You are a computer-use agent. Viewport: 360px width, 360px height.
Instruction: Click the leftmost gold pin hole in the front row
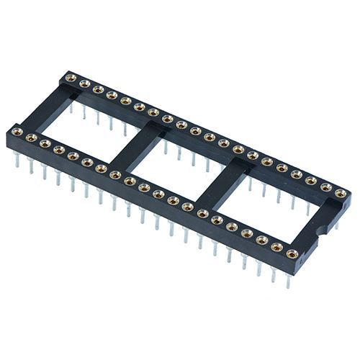[x=16, y=130]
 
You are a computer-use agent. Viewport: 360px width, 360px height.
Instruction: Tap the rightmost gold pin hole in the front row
[x=292, y=253]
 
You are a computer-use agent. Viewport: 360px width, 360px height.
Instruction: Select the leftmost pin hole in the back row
[x=71, y=77]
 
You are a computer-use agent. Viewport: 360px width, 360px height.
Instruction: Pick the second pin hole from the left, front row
[x=30, y=136]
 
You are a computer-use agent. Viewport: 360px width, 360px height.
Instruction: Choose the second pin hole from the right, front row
[x=276, y=247]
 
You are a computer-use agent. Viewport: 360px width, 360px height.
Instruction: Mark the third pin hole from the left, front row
[x=45, y=143]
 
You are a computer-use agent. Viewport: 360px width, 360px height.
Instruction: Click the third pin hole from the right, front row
[x=262, y=240]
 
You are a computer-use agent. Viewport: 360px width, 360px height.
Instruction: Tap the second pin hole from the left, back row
[x=84, y=83]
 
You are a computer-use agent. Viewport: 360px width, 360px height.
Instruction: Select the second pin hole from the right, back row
[x=325, y=186]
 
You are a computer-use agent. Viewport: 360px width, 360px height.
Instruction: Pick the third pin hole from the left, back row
[x=98, y=89]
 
